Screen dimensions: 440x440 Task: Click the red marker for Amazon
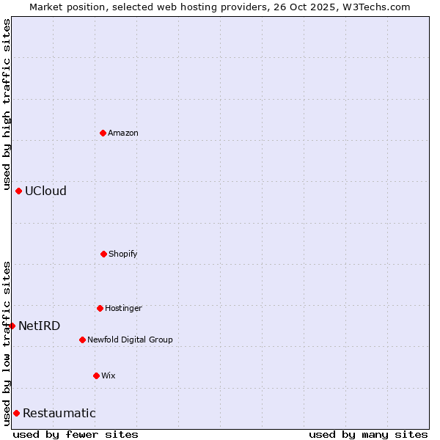103,133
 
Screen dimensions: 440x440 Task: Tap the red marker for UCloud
18,191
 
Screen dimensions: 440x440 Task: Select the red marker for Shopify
103,254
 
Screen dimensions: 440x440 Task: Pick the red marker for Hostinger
100,308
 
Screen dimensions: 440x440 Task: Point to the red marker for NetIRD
12,326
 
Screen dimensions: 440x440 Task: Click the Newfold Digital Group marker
82,340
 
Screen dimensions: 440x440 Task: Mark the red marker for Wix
96,375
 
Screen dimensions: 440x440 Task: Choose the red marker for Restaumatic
16,413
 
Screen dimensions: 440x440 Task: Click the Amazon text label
123,133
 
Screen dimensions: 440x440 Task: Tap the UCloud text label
45,191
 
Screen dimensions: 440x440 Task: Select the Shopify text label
123,254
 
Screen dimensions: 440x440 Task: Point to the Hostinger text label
123,308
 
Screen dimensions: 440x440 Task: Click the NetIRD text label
39,326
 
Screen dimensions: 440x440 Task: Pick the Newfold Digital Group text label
130,340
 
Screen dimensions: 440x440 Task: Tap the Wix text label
109,375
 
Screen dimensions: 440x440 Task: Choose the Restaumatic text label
59,413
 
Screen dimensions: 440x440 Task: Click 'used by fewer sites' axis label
76,434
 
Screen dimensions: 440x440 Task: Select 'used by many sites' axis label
368,434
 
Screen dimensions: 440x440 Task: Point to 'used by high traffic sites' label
7,103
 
